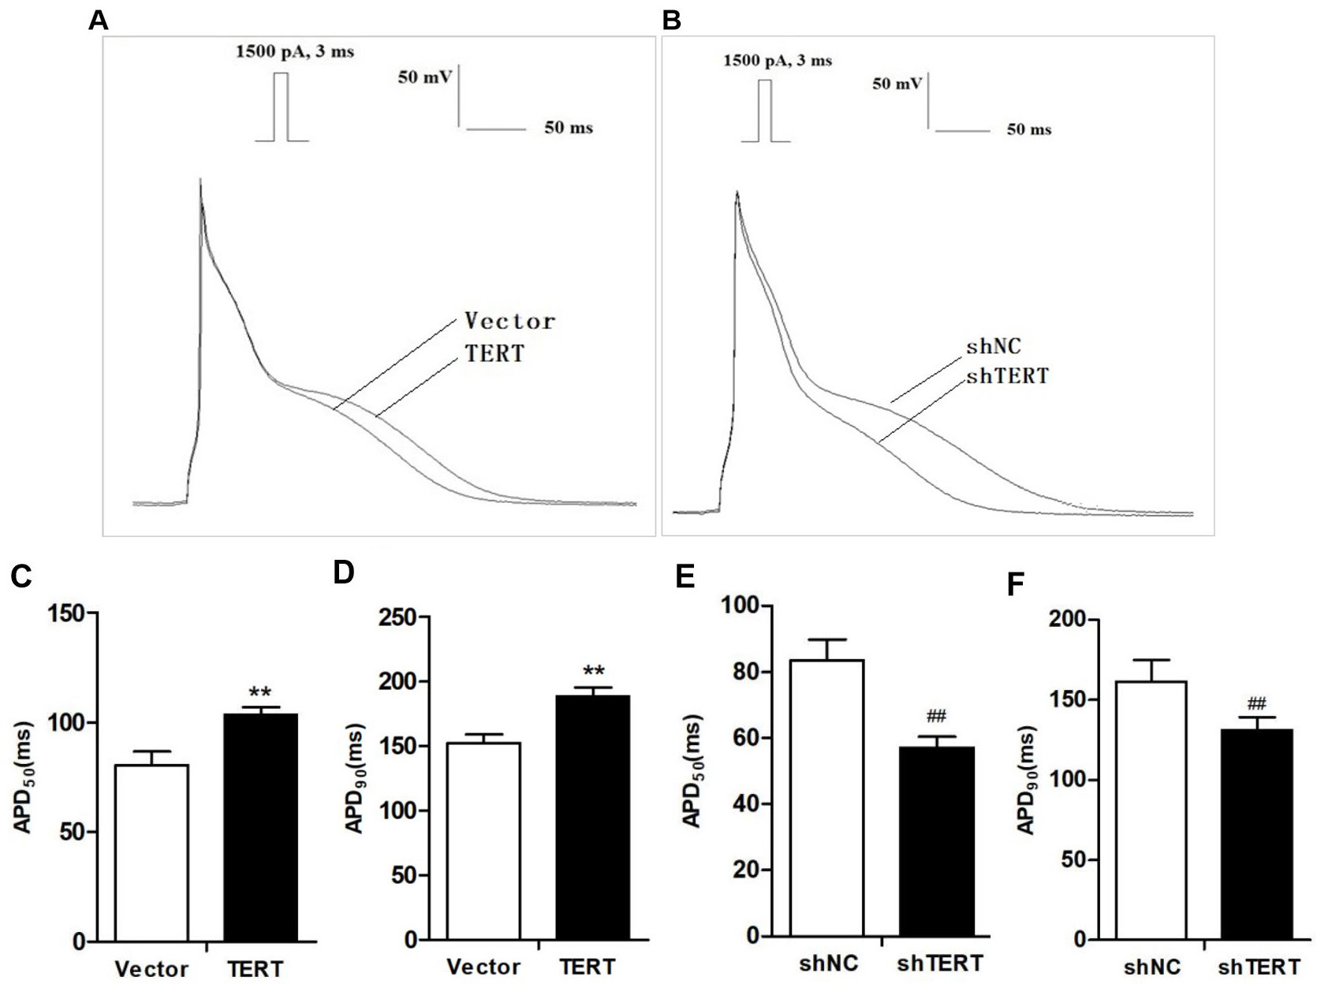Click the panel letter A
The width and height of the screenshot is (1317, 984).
coord(98,20)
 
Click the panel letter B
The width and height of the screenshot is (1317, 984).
coord(671,20)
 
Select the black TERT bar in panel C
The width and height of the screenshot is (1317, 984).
coord(260,828)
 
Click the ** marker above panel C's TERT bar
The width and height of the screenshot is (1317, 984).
coord(260,693)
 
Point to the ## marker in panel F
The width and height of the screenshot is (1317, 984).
coord(1257,703)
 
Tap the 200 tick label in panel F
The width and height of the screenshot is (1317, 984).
coord(1069,620)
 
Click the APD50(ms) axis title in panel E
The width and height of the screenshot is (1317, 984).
coord(692,772)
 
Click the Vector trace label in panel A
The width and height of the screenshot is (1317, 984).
coord(509,321)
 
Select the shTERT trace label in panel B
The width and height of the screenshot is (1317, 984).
coord(1007,376)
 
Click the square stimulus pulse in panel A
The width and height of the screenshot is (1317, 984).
coord(282,107)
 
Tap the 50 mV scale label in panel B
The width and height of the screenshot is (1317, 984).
coord(897,83)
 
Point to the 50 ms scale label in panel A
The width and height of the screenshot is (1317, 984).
coord(569,128)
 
